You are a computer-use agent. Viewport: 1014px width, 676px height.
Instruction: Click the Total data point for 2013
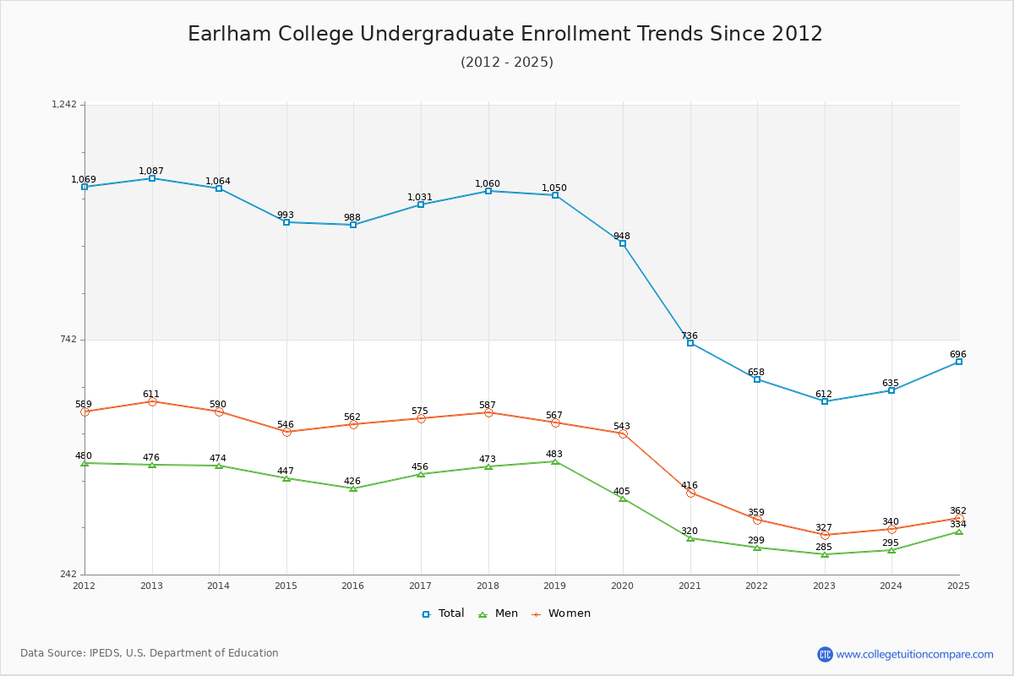tap(152, 178)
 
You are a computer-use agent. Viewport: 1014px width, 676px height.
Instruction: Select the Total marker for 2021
tap(690, 343)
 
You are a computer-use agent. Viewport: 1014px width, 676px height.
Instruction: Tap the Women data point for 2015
tap(286, 432)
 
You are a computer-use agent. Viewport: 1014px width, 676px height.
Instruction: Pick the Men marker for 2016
tap(353, 488)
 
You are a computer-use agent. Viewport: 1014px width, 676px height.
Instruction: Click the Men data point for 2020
tap(623, 499)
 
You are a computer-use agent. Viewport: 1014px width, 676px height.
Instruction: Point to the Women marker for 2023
tap(825, 535)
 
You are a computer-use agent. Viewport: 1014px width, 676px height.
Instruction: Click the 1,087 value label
tap(151, 171)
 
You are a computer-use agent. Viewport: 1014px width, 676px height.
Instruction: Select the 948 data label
tap(622, 236)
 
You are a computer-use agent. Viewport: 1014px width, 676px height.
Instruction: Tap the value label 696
tap(957, 354)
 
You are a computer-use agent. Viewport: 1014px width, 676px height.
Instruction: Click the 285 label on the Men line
tap(824, 547)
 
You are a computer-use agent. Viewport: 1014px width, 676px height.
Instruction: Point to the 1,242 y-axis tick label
tap(64, 105)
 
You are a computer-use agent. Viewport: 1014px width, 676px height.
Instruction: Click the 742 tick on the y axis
tap(68, 340)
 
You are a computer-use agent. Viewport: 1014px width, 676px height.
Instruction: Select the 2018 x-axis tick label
tap(488, 586)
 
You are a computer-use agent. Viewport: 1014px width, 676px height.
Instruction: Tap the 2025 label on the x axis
tap(958, 586)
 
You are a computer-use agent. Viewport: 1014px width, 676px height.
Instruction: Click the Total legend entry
tap(444, 613)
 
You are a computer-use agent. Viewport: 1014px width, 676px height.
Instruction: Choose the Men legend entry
tap(499, 613)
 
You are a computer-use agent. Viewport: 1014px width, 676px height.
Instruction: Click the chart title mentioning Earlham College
tap(505, 34)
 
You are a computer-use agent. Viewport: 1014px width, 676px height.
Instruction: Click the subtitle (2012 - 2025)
tap(507, 62)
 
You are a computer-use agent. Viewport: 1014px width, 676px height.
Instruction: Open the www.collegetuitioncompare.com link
tap(914, 654)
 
